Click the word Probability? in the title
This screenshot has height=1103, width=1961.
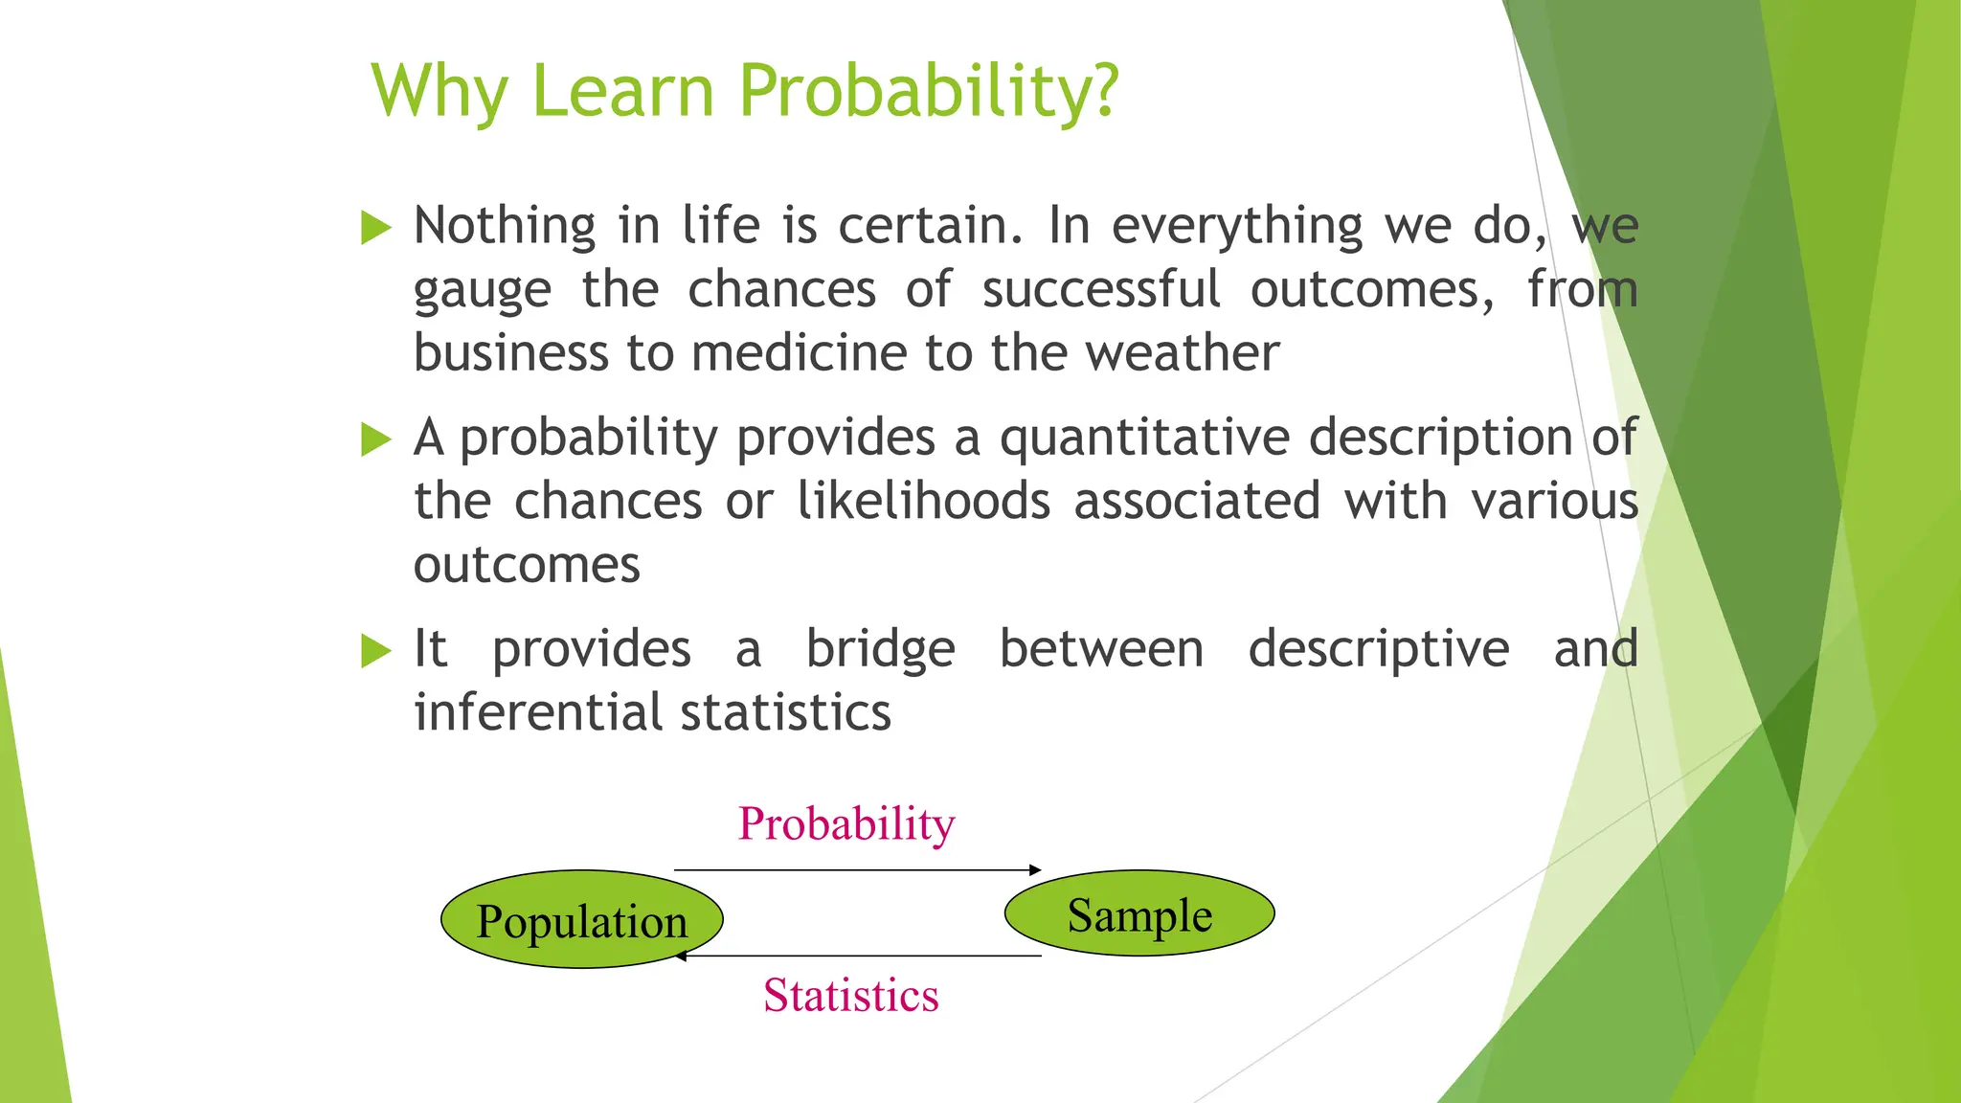[x=928, y=91]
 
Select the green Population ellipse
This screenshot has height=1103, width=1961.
[x=581, y=919]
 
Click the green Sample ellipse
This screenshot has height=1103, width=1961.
[x=1139, y=913]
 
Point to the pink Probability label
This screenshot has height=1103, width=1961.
[x=846, y=823]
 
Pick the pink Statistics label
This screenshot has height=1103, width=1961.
[x=850, y=995]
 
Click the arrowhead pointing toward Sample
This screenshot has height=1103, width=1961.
[x=1035, y=869]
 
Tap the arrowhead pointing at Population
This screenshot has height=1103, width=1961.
[x=681, y=956]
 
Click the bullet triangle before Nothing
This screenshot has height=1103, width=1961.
[x=376, y=228]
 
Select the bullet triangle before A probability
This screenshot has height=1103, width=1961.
[x=376, y=440]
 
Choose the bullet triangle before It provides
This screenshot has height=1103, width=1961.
[x=376, y=651]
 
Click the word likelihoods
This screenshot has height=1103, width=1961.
[x=924, y=501]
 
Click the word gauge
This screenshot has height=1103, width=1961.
[x=483, y=291]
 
